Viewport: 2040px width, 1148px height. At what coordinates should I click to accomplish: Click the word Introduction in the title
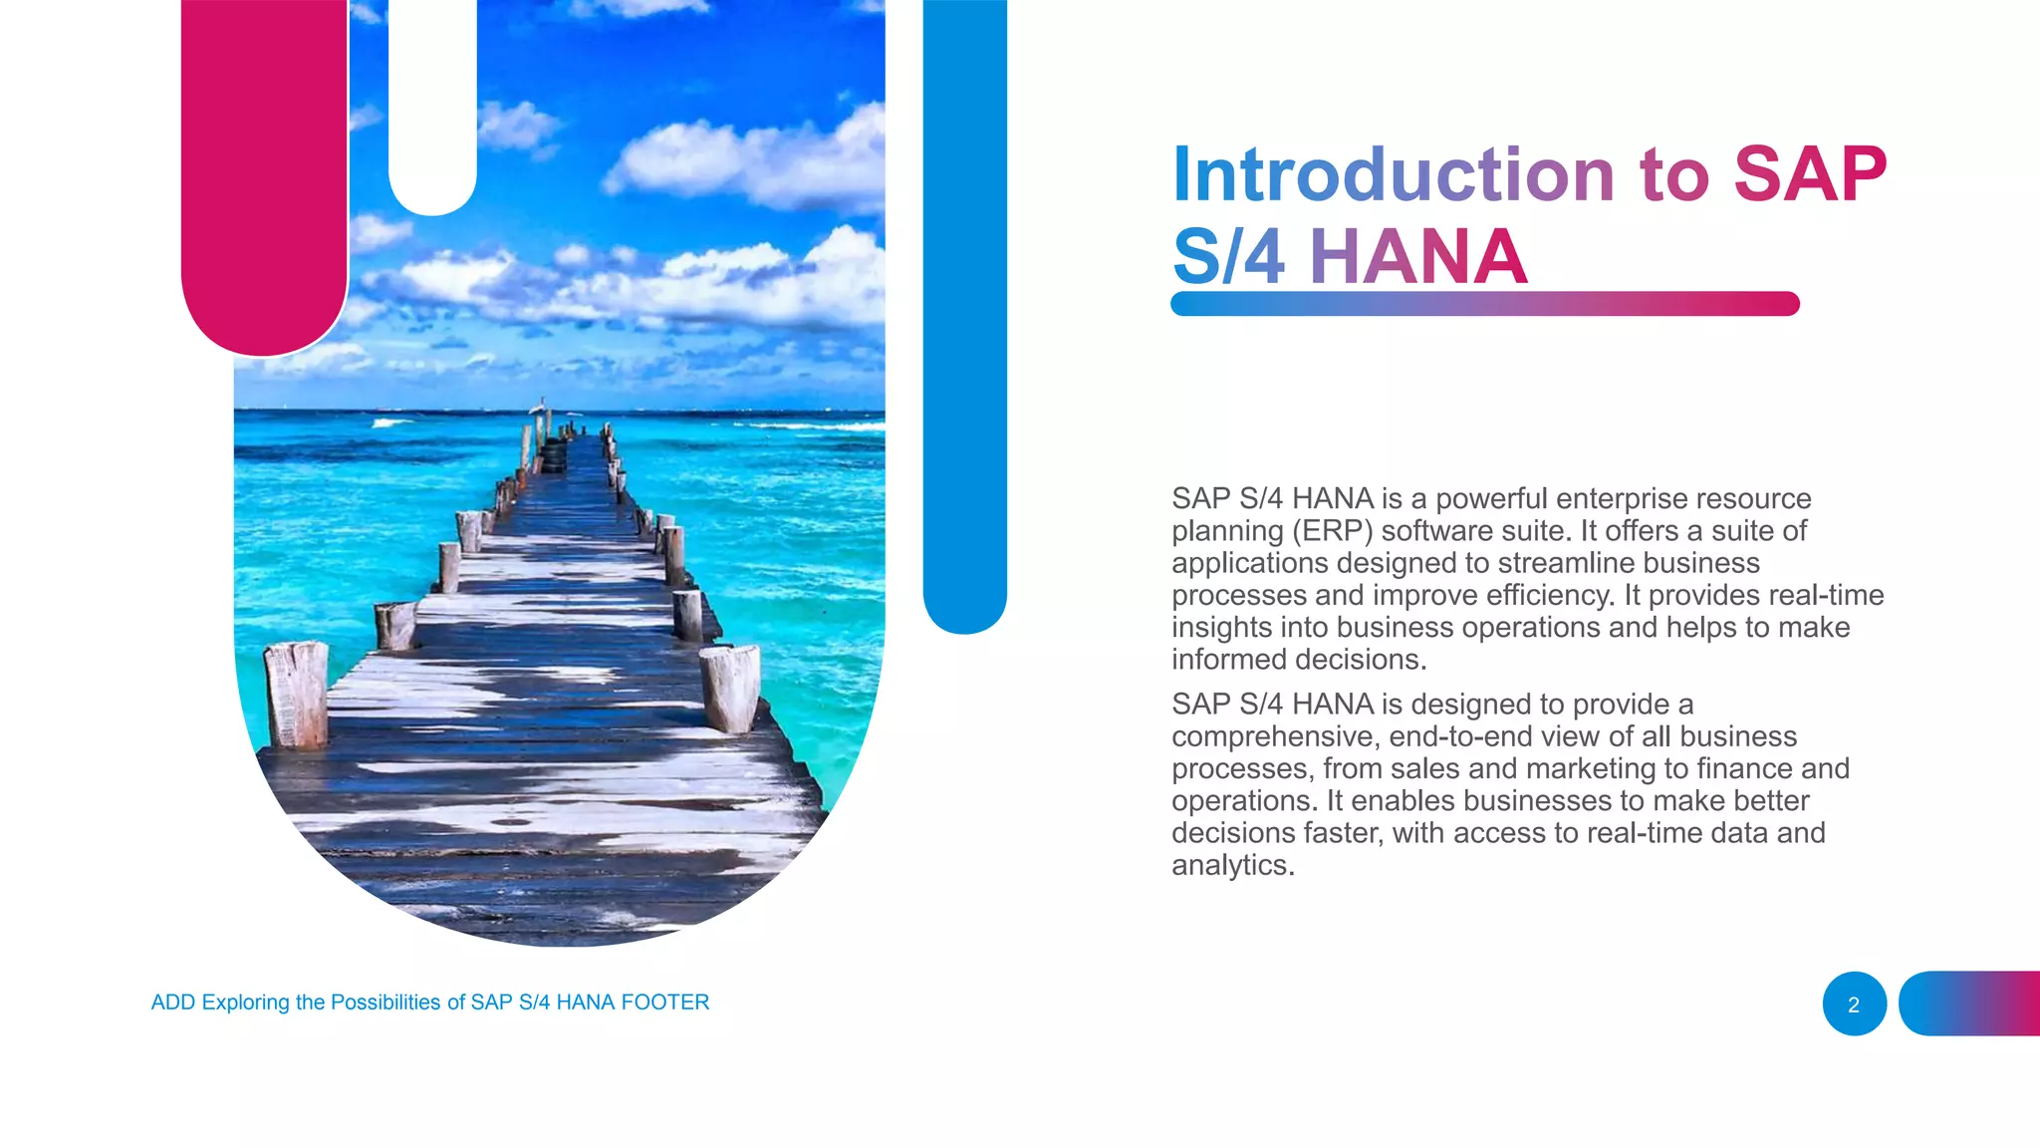pyautogui.click(x=1392, y=174)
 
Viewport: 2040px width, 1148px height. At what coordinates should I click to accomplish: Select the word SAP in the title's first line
pyautogui.click(x=1810, y=174)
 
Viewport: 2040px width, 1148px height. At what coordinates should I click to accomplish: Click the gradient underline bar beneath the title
pyautogui.click(x=1484, y=304)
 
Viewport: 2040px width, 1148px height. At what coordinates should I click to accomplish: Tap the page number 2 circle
pyautogui.click(x=1854, y=1004)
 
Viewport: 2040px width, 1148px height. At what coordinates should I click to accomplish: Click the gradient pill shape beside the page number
pyautogui.click(x=1968, y=1004)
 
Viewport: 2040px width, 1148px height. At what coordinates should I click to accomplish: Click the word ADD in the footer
pyautogui.click(x=172, y=1003)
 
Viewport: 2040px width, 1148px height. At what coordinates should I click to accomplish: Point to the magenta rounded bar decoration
pyautogui.click(x=264, y=169)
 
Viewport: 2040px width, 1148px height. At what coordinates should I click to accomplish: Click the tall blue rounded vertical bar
pyautogui.click(x=964, y=299)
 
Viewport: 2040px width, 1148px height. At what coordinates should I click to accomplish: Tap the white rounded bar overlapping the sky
pyautogui.click(x=432, y=100)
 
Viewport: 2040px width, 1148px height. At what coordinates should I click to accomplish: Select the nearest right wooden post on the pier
pyautogui.click(x=731, y=688)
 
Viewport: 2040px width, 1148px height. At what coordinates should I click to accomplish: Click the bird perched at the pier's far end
pyautogui.click(x=541, y=406)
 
